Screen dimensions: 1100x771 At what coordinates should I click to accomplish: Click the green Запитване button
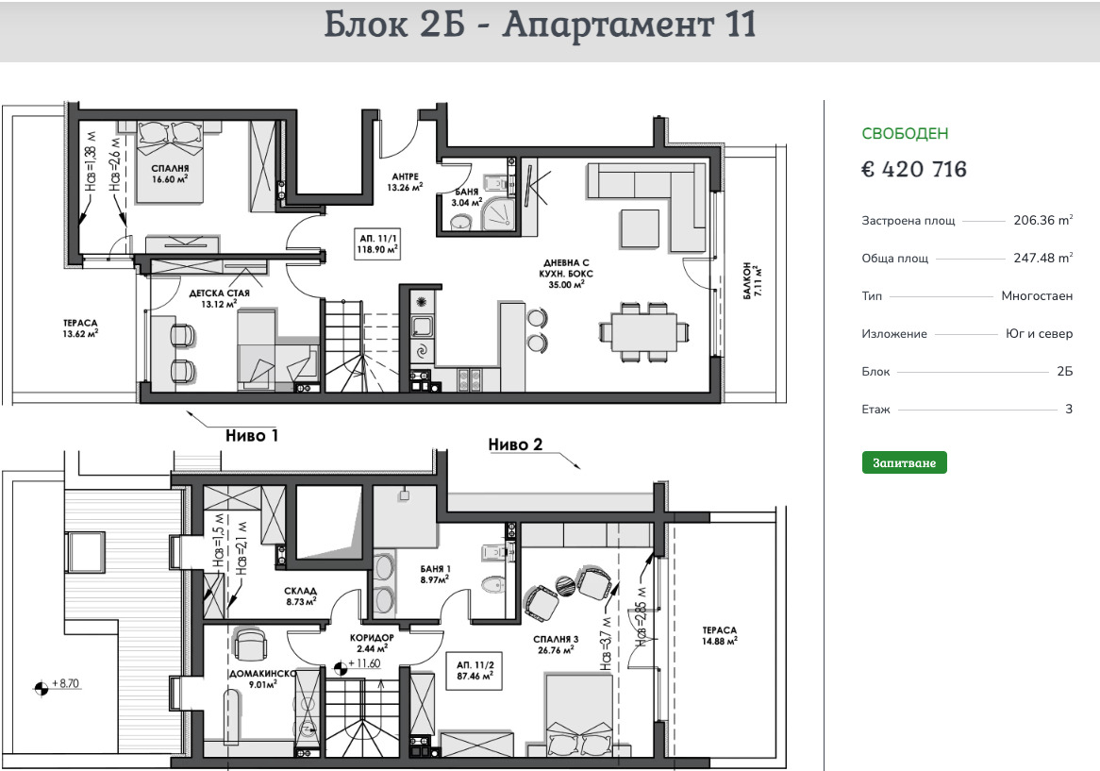[x=905, y=463]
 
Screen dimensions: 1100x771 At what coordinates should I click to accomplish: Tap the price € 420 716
[x=914, y=169]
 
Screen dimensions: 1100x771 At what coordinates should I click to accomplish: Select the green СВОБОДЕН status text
[x=905, y=133]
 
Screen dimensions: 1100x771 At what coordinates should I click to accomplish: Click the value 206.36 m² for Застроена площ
[x=1043, y=220]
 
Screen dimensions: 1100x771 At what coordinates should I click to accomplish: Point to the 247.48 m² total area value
[x=1043, y=258]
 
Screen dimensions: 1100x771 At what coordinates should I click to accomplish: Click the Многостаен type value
[x=1037, y=296]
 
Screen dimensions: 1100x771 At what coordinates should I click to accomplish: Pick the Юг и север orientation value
[x=1039, y=334]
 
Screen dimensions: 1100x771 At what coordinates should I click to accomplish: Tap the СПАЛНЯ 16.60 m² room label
[x=170, y=174]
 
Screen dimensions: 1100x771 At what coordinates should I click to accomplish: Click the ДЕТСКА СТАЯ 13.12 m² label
[x=219, y=298]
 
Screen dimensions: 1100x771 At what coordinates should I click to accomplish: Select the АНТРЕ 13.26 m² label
[x=405, y=182]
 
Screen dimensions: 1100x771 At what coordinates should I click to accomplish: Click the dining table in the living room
[x=644, y=332]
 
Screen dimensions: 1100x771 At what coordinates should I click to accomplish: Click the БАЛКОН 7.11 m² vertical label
[x=751, y=282]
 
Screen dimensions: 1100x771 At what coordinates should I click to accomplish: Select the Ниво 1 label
[x=252, y=436]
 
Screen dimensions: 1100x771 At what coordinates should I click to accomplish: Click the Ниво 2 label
[x=516, y=444]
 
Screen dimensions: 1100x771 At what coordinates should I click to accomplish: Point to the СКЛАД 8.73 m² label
[x=300, y=596]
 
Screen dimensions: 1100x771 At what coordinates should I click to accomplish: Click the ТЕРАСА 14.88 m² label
[x=719, y=636]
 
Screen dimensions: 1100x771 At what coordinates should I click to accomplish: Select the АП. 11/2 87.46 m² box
[x=475, y=671]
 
